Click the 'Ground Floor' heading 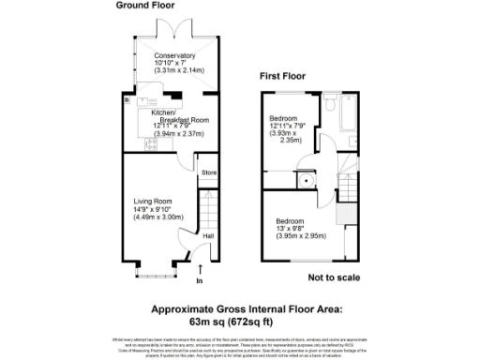(144, 6)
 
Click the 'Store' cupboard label (209, 172)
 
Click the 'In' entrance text (199, 280)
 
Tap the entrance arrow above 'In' (199, 269)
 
